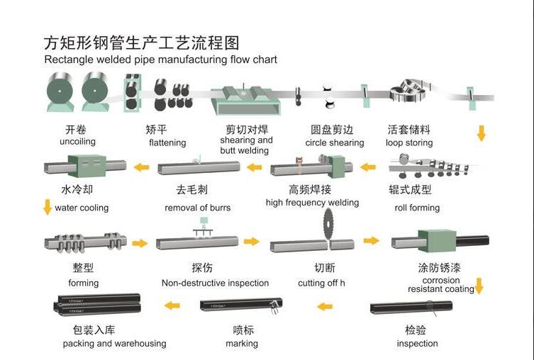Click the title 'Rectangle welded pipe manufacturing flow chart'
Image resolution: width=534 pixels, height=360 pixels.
[x=160, y=60]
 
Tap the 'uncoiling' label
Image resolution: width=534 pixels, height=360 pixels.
[x=77, y=142]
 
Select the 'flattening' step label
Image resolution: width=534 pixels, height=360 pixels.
[x=167, y=142]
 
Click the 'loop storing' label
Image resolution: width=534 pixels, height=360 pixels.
[x=408, y=142]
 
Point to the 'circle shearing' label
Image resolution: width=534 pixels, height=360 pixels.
[x=334, y=142]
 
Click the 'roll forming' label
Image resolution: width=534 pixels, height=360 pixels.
[x=417, y=208]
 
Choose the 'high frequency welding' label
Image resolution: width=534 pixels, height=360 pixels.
[x=312, y=203]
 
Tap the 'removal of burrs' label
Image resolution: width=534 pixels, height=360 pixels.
[x=197, y=208]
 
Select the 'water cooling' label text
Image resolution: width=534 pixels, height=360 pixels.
[x=82, y=208]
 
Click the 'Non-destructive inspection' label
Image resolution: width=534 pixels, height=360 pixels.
[x=215, y=283]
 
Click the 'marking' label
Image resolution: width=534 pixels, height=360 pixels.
[x=242, y=344]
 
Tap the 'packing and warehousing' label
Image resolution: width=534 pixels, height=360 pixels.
[x=114, y=344]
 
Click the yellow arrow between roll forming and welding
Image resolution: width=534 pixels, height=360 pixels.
[x=368, y=167]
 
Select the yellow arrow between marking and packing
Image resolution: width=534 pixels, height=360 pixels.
[x=172, y=305]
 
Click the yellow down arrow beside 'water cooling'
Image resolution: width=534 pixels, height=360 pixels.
[x=48, y=207]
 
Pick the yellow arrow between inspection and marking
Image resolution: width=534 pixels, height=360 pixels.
[x=324, y=306]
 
